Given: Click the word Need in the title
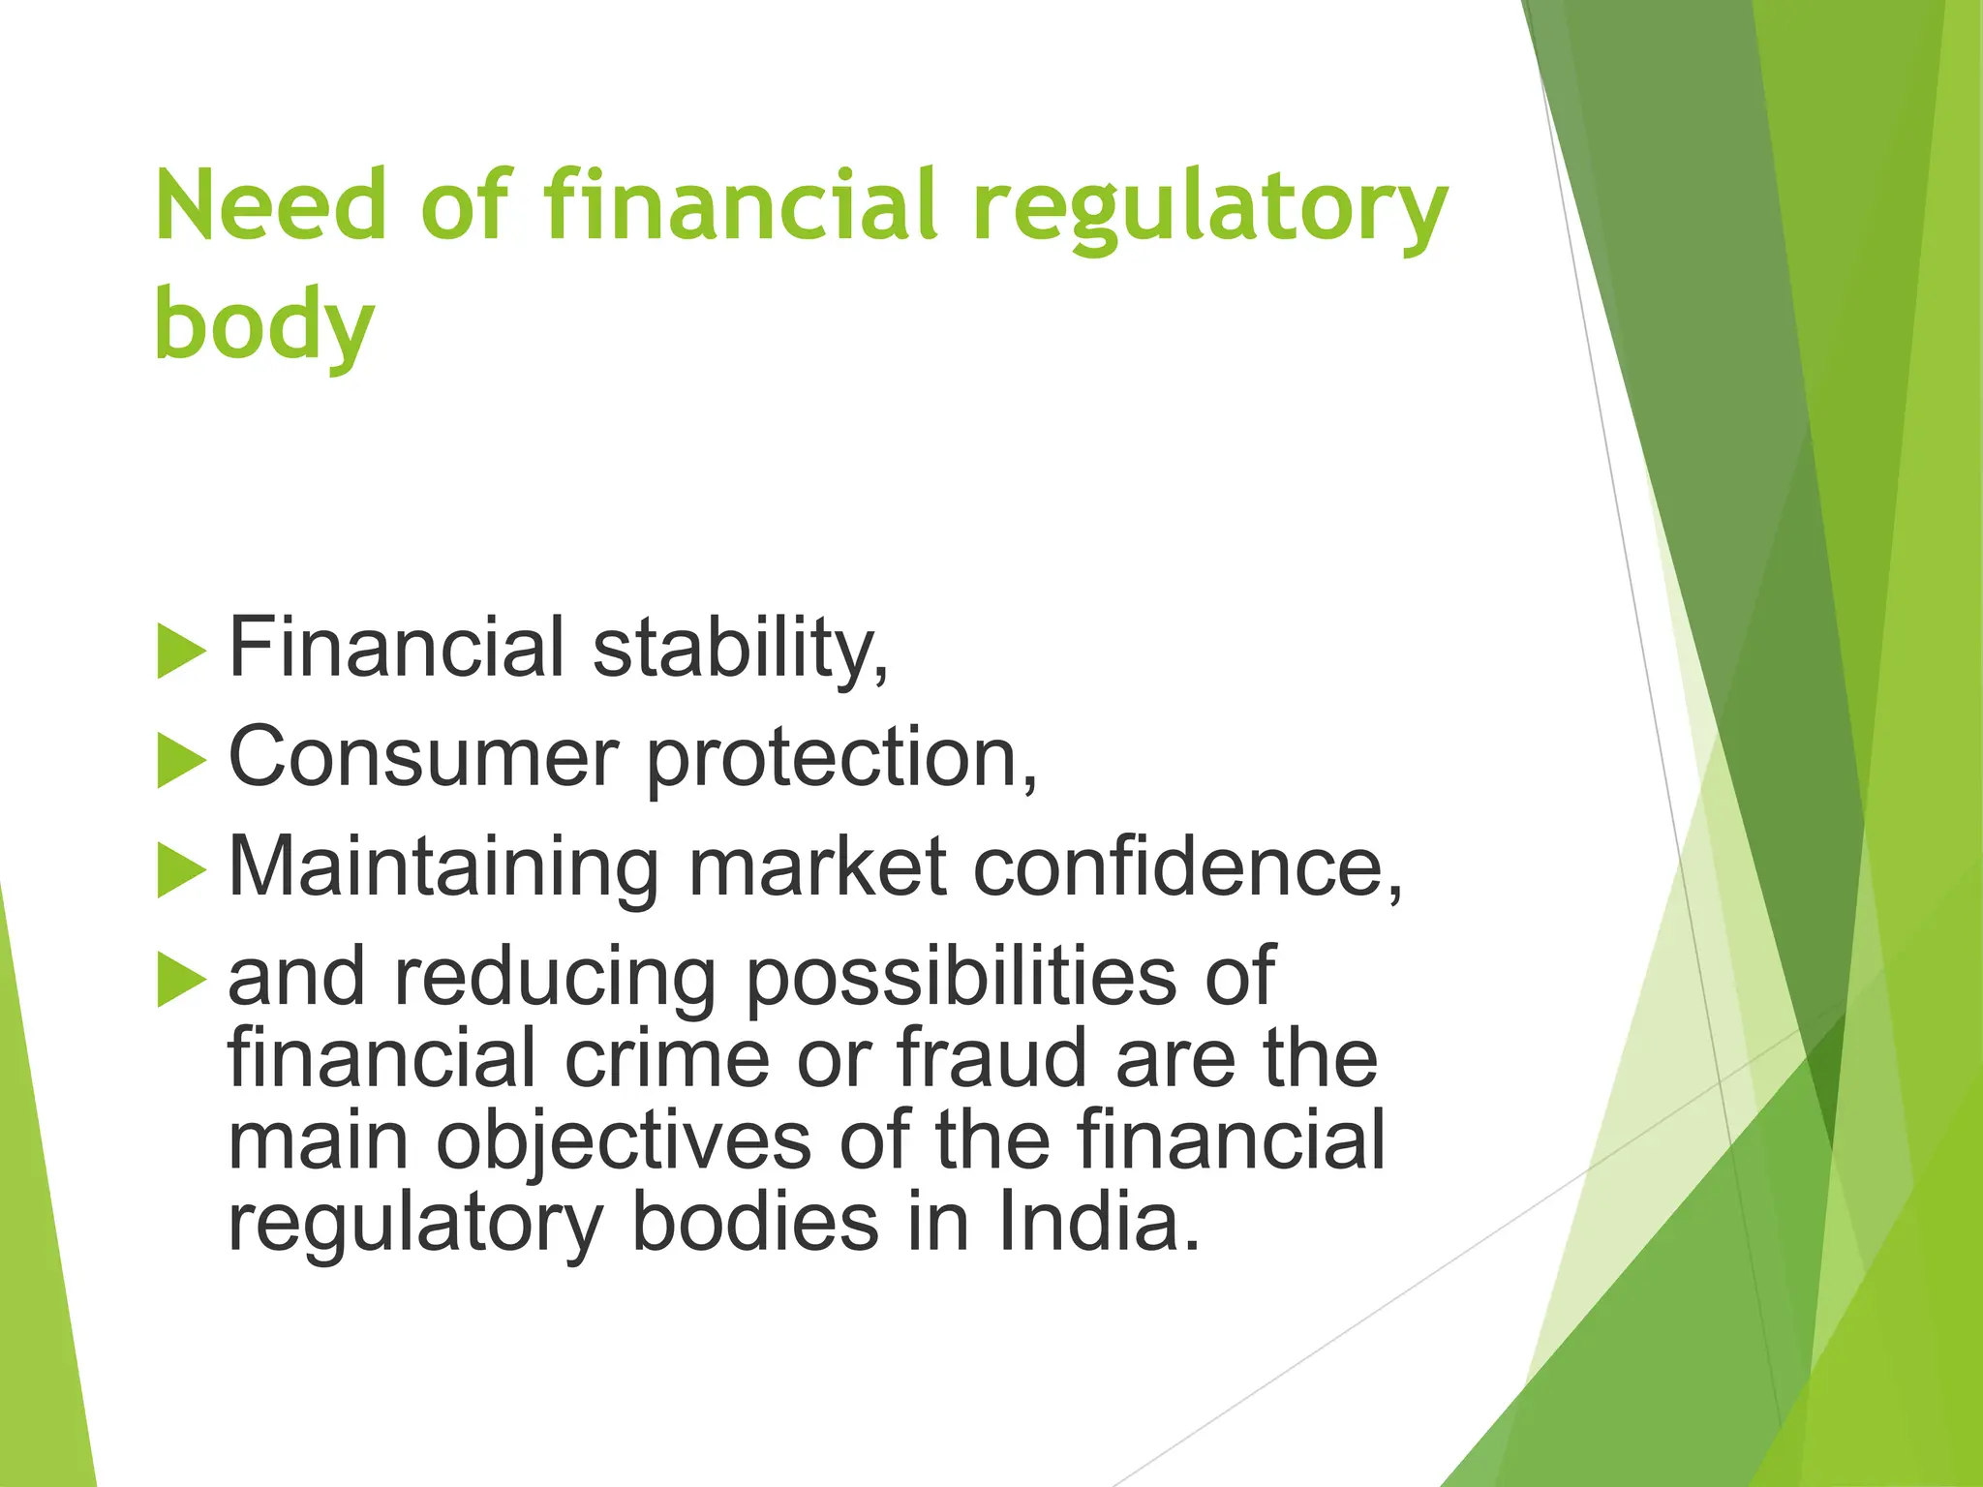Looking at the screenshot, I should (270, 205).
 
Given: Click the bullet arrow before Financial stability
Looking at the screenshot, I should (181, 651).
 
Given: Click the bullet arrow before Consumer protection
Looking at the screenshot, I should (181, 760).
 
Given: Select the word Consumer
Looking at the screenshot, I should (423, 757).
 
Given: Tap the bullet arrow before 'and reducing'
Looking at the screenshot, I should (181, 980).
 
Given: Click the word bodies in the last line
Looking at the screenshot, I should (755, 1223).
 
